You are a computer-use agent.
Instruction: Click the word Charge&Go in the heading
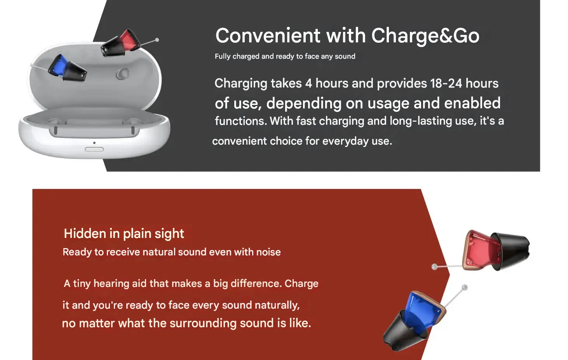point(425,36)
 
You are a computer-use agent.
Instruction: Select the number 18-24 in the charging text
point(446,84)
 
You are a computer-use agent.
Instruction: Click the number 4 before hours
point(308,84)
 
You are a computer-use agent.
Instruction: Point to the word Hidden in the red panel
point(85,233)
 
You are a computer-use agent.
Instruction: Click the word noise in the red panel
point(268,252)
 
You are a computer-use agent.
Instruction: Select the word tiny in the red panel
point(82,284)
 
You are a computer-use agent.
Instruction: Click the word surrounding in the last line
point(203,323)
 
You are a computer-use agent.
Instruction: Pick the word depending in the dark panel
point(304,103)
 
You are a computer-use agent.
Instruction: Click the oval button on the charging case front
point(94,149)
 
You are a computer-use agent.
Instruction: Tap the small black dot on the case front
point(94,143)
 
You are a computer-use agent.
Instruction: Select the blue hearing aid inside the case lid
point(67,68)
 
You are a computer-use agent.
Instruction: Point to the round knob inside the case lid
point(122,74)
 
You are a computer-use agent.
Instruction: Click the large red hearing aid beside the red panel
point(495,250)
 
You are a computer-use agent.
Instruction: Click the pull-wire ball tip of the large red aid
point(434,267)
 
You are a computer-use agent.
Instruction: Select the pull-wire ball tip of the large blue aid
point(465,287)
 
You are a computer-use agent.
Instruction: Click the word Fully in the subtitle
point(223,56)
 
